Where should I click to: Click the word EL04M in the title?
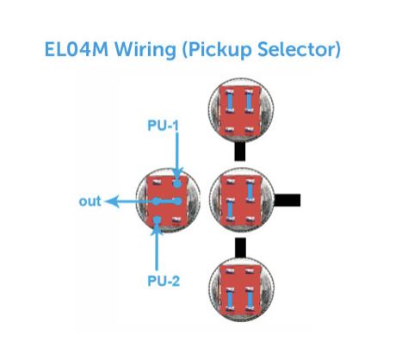[77, 49]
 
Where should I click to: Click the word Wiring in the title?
[145, 50]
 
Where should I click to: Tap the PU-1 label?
[163, 126]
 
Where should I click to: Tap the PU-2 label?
[164, 281]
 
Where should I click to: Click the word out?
[90, 202]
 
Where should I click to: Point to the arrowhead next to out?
[112, 202]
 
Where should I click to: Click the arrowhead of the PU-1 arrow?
[177, 174]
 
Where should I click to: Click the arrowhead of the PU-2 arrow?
[157, 229]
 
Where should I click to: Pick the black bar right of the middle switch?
[287, 200]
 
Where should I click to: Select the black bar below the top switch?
[240, 152]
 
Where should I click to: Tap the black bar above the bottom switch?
[240, 247]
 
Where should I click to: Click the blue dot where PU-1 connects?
[178, 184]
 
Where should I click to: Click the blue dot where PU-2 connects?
[157, 220]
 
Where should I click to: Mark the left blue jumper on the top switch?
[230, 101]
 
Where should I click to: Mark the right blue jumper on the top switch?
[249, 101]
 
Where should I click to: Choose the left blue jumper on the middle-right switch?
[230, 209]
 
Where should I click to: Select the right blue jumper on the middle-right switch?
[250, 191]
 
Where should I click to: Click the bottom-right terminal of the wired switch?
[176, 220]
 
